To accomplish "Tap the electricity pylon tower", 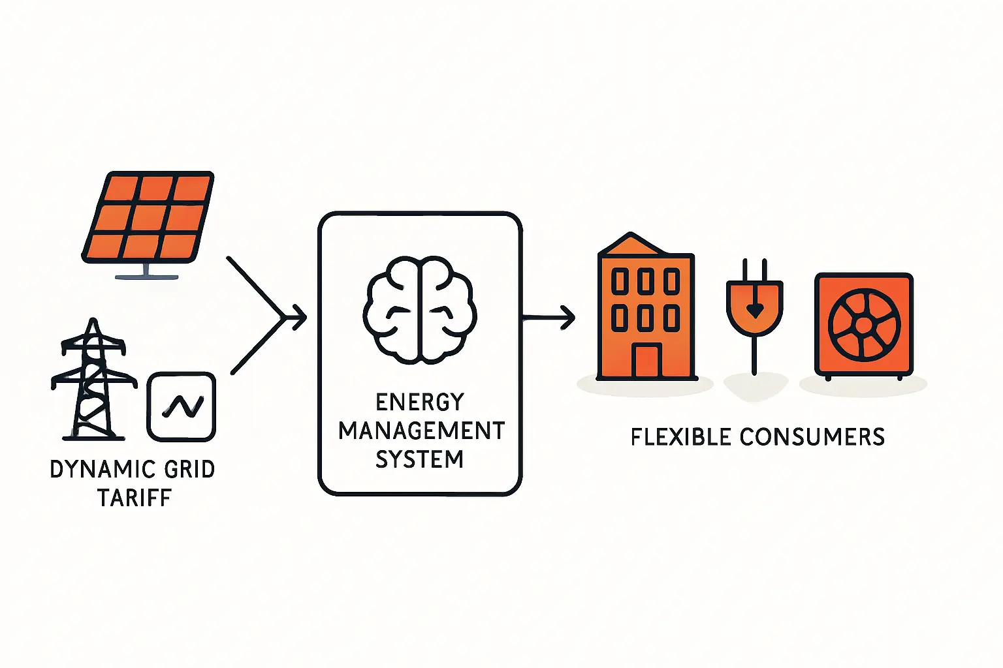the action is click(93, 380).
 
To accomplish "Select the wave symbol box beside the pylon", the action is click(182, 406).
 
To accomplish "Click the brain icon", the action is click(420, 310).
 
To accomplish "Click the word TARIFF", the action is click(135, 498).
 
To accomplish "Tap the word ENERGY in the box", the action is click(420, 402).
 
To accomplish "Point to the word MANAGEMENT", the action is click(421, 431).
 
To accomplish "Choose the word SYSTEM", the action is click(420, 459).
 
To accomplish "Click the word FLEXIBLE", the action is click(681, 437).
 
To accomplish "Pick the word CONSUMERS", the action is click(812, 437).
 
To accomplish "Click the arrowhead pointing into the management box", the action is click(300, 317).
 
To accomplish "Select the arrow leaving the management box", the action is click(549, 318).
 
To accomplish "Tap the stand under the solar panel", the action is click(146, 271).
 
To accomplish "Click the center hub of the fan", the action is click(864, 326).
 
